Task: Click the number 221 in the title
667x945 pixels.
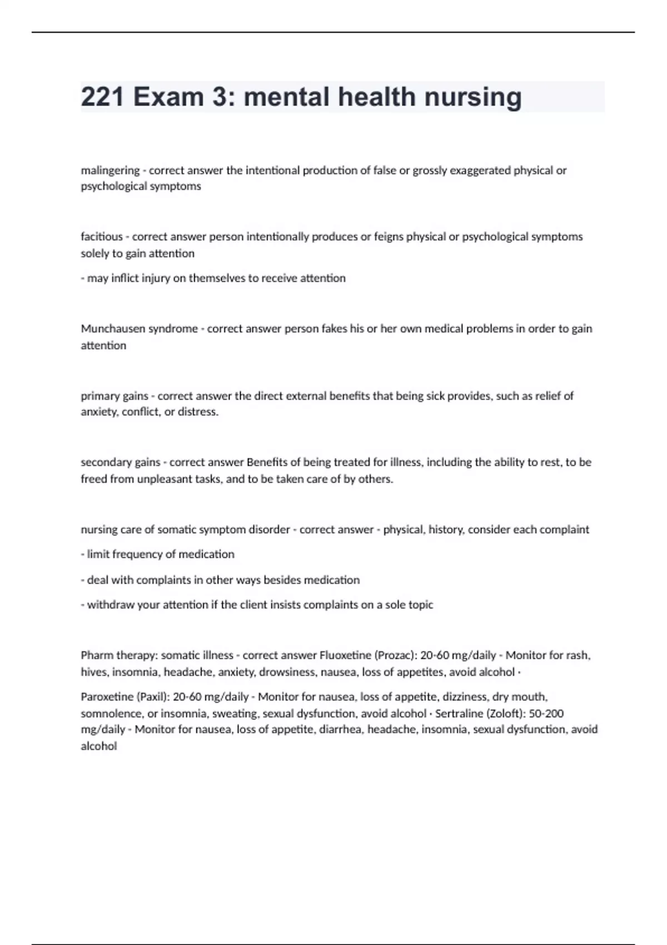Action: click(x=103, y=97)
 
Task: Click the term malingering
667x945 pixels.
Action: click(x=110, y=171)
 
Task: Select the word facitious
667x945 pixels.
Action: click(x=102, y=237)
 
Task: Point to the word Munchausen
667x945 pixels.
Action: click(x=109, y=329)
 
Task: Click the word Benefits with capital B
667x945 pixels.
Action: click(x=266, y=462)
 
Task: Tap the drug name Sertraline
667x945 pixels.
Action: click(x=459, y=714)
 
